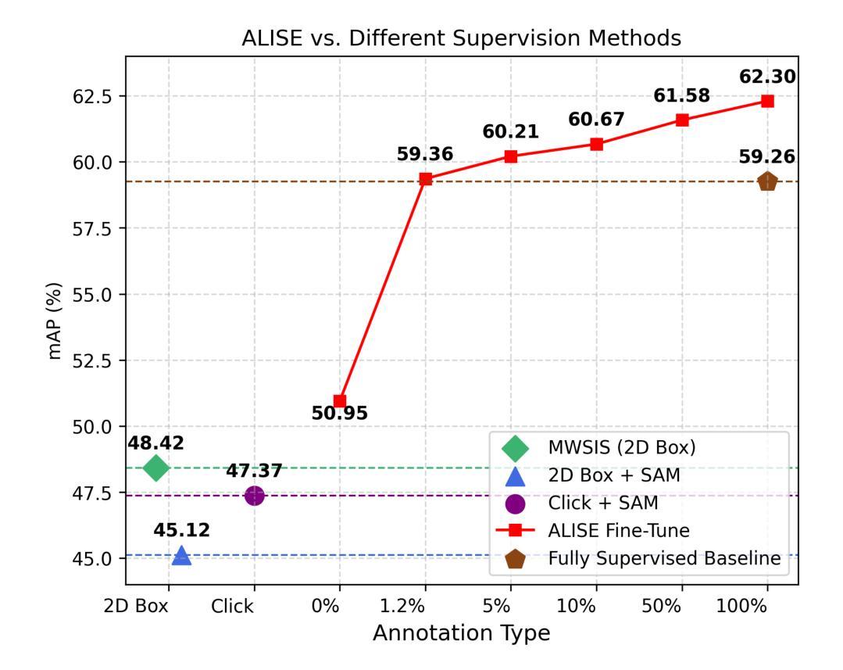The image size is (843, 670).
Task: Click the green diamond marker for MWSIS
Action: [156, 468]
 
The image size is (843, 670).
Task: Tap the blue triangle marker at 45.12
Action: [181, 556]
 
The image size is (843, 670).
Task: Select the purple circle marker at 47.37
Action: [254, 495]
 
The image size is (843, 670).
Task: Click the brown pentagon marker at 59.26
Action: [767, 181]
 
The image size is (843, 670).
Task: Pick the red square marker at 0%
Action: [340, 401]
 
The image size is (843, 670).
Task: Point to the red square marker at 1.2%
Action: [425, 179]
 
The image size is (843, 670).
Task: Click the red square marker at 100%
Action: [767, 101]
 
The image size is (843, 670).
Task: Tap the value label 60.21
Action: [510, 132]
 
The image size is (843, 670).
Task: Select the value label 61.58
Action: [682, 96]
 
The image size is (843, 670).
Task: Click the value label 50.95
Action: [340, 414]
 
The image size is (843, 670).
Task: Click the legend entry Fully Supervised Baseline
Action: [664, 558]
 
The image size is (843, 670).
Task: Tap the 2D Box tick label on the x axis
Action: [137, 607]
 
